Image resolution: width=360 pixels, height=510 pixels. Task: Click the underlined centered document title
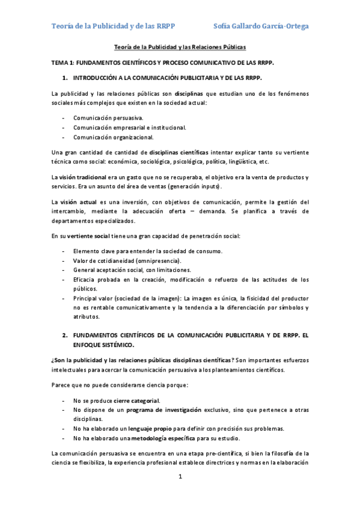[x=180, y=48]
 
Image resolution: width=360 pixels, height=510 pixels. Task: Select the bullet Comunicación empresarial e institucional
[x=129, y=127]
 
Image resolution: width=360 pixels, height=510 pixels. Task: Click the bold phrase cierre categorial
[x=136, y=401]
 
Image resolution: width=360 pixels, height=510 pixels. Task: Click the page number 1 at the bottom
[x=180, y=477]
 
